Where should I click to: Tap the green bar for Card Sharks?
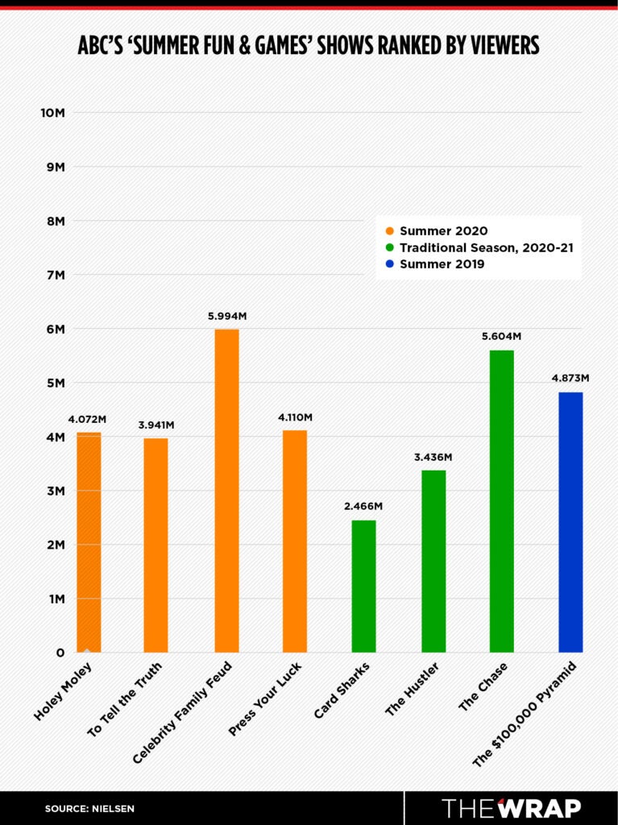pos(364,586)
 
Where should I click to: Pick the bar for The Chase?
pos(501,500)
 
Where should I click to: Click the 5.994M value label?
pos(226,316)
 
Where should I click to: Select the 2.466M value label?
pos(364,506)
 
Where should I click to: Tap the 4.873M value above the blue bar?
pos(570,378)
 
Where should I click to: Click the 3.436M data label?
pos(433,457)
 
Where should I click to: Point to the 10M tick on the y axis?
pos(52,113)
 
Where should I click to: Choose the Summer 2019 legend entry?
pos(442,263)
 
